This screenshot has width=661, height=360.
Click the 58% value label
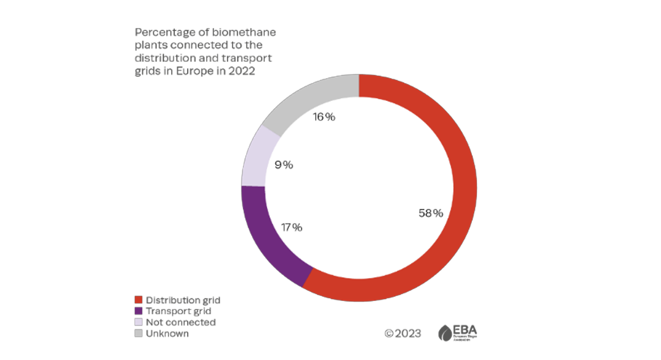430,213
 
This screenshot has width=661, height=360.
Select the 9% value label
284,165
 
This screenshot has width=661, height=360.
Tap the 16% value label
324,117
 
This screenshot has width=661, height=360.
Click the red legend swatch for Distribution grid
139,300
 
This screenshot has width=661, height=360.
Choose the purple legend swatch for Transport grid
139,311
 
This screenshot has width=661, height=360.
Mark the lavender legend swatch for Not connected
139,322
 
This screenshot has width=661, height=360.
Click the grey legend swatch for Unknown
139,333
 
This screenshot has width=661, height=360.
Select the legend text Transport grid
179,311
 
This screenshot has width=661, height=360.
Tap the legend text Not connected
181,322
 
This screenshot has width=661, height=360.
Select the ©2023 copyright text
403,333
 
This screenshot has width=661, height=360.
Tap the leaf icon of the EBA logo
445,333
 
